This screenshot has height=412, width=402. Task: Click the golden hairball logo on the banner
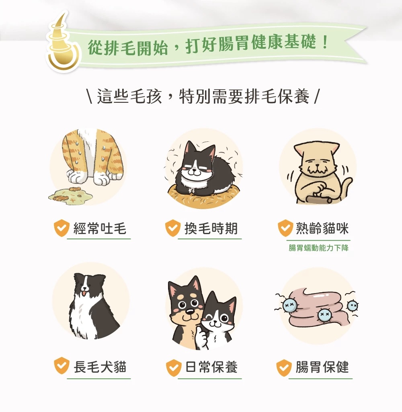point(62,45)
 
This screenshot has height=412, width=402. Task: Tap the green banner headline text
point(208,45)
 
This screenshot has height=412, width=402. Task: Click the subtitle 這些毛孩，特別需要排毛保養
point(203,96)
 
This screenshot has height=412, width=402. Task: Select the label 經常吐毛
point(100,228)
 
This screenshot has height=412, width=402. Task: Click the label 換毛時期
point(211,228)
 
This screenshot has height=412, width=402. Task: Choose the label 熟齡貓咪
point(322,228)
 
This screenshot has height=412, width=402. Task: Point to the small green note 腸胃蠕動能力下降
point(319,248)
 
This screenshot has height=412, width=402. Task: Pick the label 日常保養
point(211,367)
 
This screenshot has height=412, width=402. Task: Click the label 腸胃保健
point(322,367)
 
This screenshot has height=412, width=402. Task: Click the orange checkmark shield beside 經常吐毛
point(62,228)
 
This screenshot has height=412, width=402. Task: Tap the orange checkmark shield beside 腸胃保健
point(284,367)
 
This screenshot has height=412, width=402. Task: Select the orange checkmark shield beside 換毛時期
point(173,228)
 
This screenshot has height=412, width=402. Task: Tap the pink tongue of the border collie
point(84,293)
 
